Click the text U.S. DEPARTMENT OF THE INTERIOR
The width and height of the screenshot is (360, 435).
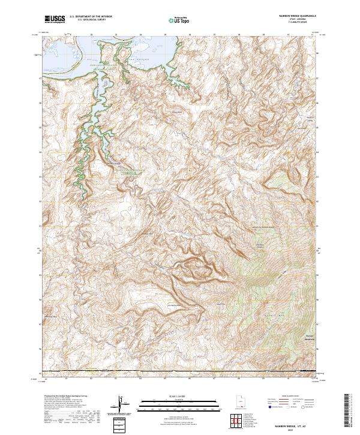coord(91,17)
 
